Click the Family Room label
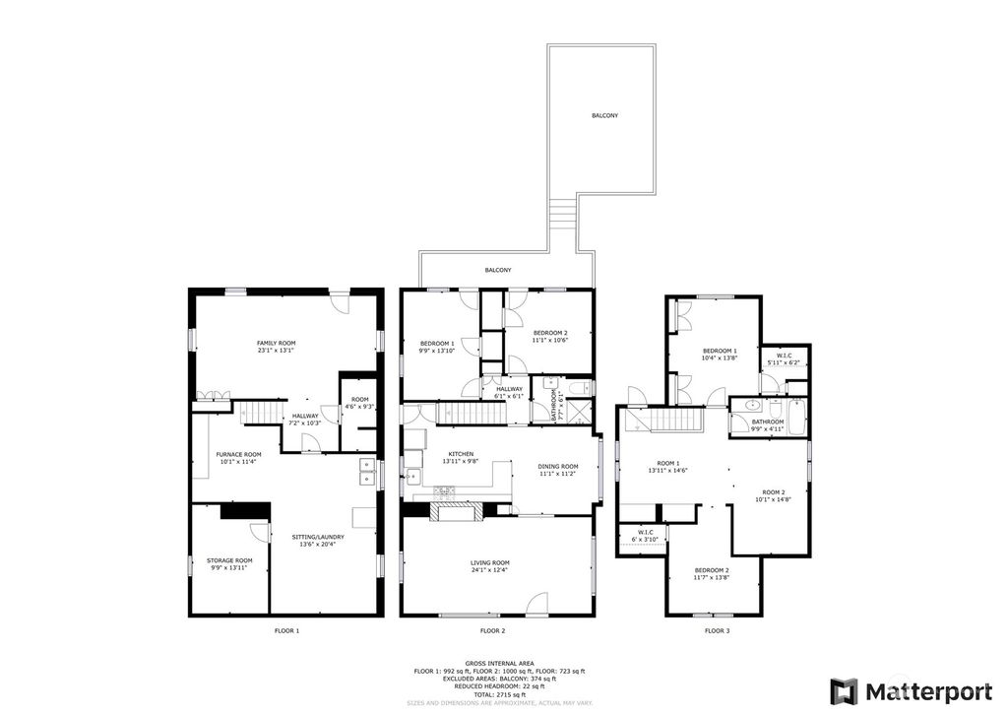(x=276, y=346)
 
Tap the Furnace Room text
(x=238, y=457)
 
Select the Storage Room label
(x=231, y=563)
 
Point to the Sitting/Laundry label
(x=318, y=540)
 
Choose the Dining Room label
(x=557, y=469)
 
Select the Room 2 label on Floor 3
(x=774, y=495)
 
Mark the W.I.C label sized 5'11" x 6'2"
(x=785, y=358)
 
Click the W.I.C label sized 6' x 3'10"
(x=643, y=536)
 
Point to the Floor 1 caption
(x=285, y=629)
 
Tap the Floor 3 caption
(x=716, y=629)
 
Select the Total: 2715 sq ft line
(x=503, y=694)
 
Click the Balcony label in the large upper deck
(x=604, y=115)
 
